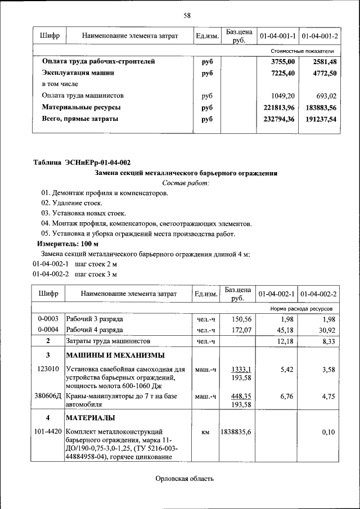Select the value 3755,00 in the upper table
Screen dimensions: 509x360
coord(283,62)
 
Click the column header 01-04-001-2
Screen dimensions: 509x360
coord(319,36)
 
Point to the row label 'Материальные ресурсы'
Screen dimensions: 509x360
coord(82,107)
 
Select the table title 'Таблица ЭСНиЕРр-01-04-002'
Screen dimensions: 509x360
coord(82,163)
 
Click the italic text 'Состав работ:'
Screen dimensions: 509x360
coord(186,183)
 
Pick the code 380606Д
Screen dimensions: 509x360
coord(48,397)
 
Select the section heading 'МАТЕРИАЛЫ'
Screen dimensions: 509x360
coord(91,418)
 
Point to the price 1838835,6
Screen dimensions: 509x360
coord(237,432)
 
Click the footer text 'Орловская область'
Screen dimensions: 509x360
coord(186,479)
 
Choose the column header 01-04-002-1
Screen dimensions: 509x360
coord(277,294)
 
